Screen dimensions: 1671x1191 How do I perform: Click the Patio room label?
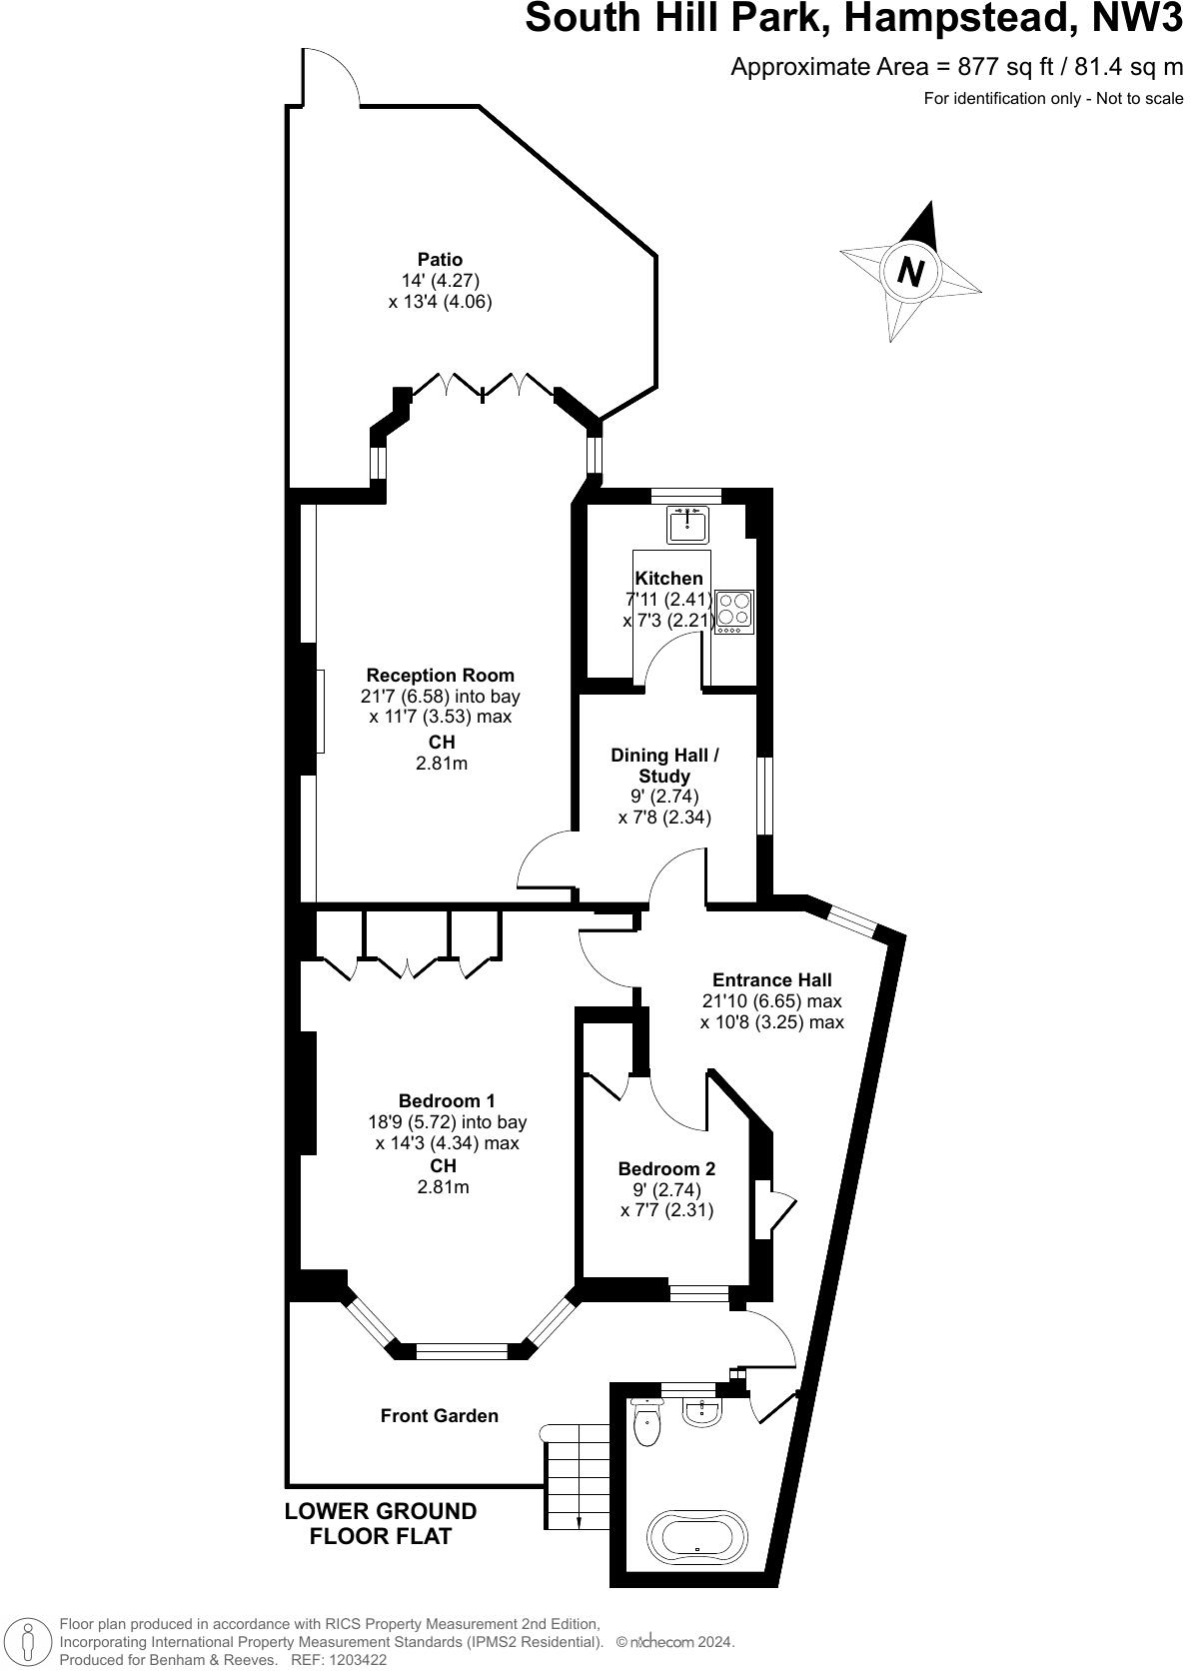440,260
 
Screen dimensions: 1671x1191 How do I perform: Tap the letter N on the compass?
909,271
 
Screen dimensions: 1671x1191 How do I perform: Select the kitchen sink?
688,523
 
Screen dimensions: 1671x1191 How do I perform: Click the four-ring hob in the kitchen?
734,611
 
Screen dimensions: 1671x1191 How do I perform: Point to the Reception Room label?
440,675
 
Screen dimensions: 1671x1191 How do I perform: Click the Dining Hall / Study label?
664,765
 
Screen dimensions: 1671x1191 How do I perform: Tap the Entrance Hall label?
771,979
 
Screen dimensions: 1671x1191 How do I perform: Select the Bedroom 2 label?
666,1168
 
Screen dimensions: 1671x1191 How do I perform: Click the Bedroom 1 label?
447,1101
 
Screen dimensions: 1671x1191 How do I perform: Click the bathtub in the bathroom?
697,1536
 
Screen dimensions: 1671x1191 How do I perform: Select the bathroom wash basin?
703,1412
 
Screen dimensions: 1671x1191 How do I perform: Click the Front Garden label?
439,1415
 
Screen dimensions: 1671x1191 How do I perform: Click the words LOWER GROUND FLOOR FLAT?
381,1523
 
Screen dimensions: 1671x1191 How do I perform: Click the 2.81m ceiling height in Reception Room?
441,764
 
